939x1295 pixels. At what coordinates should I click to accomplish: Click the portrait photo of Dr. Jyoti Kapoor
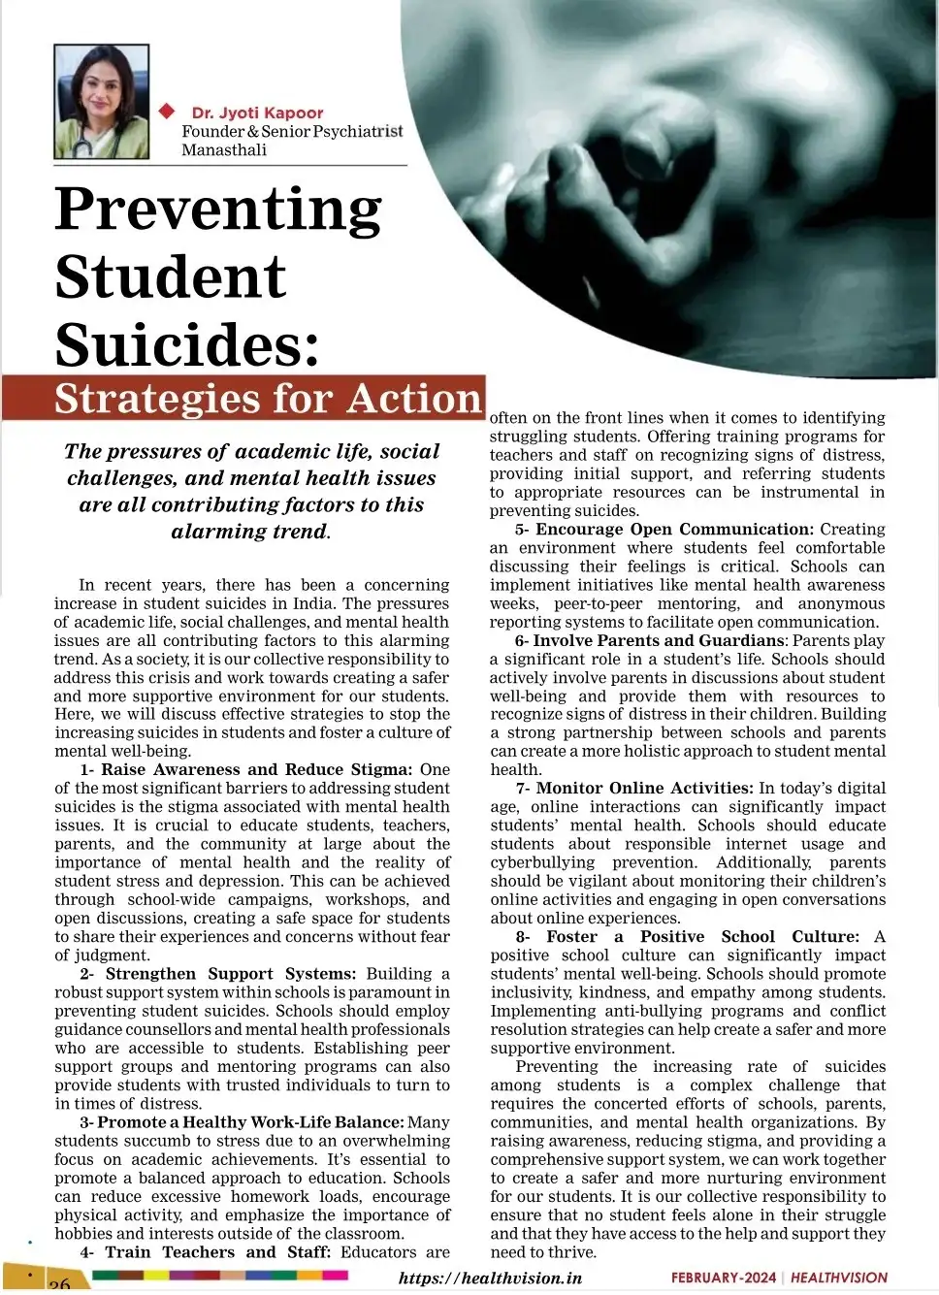coord(102,102)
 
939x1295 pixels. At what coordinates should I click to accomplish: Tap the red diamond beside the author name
coord(167,111)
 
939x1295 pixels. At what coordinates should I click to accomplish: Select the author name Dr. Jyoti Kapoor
coord(257,113)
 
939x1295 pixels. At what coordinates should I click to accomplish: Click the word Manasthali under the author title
coord(224,149)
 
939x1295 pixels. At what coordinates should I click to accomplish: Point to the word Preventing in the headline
coord(218,210)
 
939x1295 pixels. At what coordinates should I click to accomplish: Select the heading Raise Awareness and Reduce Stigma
coord(257,769)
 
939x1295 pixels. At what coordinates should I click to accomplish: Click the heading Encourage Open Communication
coord(674,529)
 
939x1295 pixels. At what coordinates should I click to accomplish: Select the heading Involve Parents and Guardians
coord(659,640)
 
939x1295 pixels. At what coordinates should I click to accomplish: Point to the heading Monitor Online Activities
coord(644,788)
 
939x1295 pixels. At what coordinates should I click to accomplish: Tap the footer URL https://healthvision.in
coord(490,1278)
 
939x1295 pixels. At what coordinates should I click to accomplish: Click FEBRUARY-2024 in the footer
coord(724,1278)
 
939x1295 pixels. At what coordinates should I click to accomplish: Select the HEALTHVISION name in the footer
coord(839,1278)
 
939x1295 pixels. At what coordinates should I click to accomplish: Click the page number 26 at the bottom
coord(59,1283)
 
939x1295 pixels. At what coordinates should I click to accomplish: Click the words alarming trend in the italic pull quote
coord(249,532)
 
